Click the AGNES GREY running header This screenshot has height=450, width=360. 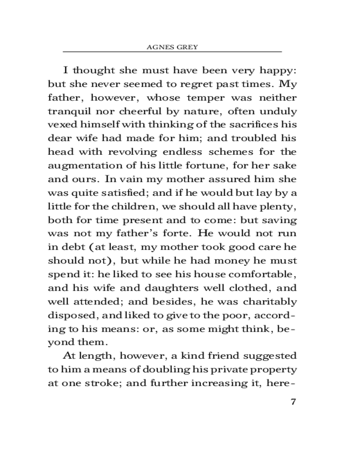(x=172, y=47)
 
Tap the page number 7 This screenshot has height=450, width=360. (x=293, y=401)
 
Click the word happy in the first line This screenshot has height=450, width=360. (x=273, y=71)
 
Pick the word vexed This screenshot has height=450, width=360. (x=61, y=125)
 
